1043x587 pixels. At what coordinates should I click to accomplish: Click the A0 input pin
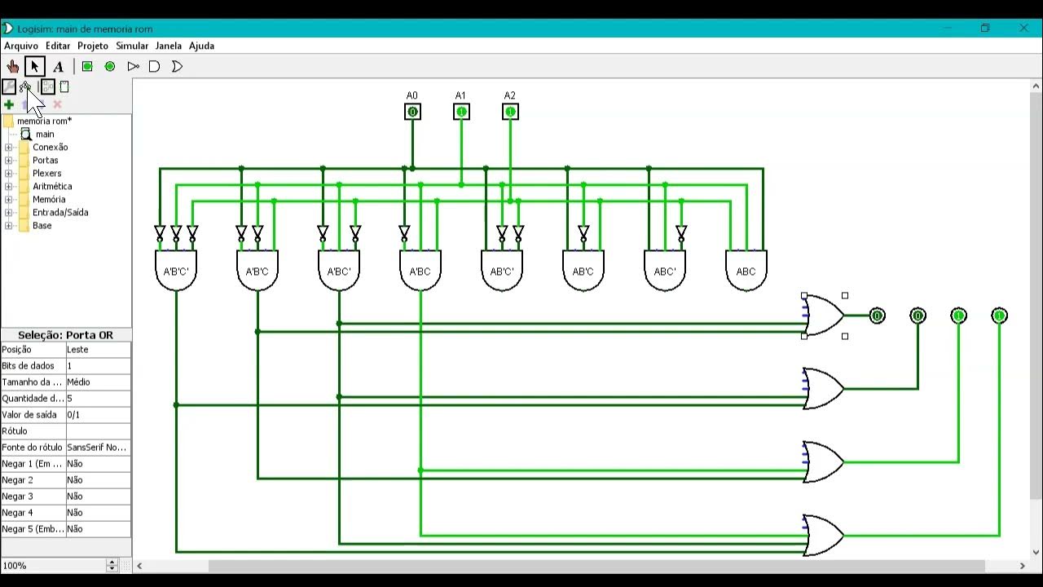412,112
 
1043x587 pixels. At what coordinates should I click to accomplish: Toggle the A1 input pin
461,112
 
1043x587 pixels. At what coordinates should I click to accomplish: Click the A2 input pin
510,112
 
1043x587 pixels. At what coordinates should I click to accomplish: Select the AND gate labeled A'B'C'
176,271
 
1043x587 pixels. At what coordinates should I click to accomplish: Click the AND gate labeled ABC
746,271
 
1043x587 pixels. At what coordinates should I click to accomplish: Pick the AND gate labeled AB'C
583,271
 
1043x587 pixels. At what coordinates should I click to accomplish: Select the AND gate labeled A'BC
420,271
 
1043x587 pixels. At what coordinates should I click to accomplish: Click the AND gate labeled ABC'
664,271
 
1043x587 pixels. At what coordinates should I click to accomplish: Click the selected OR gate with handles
824,316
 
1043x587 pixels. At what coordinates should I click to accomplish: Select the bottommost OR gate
824,536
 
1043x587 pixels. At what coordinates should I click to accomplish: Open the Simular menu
132,46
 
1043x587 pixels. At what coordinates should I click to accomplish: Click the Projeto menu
93,46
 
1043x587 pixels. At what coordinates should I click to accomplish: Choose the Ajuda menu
201,46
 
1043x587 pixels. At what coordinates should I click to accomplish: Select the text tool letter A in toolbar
58,67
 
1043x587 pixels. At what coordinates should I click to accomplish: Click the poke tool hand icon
12,67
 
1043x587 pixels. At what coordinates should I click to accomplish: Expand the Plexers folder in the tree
8,174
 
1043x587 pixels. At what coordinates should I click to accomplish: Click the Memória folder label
49,200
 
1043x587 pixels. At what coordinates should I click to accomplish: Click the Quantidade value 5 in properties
69,399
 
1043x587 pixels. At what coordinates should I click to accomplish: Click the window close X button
1023,28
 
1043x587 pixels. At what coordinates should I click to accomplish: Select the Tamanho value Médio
78,382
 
